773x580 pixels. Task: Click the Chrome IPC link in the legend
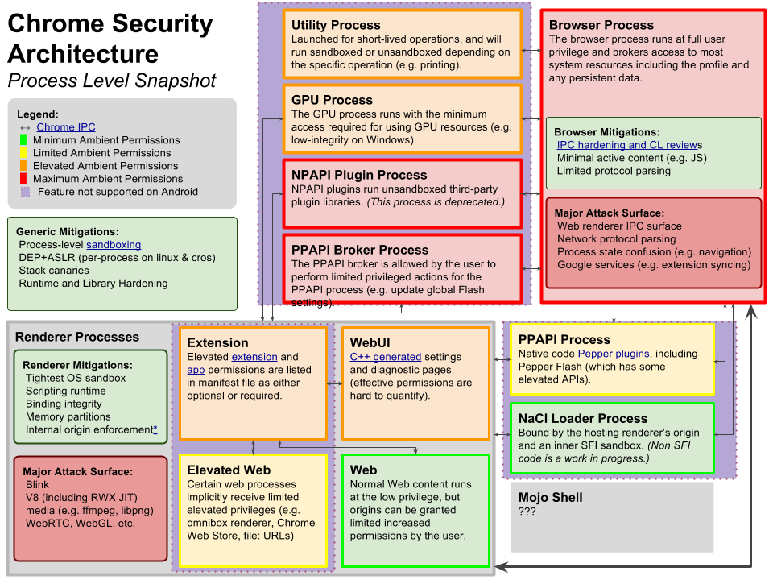coord(65,127)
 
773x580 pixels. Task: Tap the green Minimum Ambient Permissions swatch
coord(23,140)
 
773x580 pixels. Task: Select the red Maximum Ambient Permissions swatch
coord(23,179)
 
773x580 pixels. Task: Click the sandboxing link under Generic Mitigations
coord(114,245)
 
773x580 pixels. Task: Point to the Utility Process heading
coord(336,25)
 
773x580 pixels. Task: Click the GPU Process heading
coord(332,100)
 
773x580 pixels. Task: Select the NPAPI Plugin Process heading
coord(359,175)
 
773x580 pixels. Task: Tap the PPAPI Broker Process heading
coord(360,250)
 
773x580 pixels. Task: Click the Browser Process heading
coord(601,25)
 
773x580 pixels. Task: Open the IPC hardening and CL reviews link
coord(630,145)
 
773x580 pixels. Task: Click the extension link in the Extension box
coord(254,357)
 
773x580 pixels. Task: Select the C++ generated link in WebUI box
coord(386,357)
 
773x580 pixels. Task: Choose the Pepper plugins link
coord(614,354)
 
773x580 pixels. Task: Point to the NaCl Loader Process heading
coord(583,419)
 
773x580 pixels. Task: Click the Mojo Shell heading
coord(550,498)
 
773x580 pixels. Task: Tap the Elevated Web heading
coord(229,470)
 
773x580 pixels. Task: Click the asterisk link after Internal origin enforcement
coord(155,429)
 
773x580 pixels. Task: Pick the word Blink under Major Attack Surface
coord(38,484)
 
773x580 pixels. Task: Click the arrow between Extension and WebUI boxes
coord(335,383)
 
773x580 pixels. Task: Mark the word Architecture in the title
coord(83,54)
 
